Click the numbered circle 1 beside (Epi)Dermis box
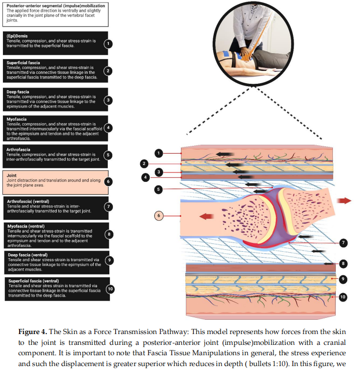coord(109,43)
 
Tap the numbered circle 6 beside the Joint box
coord(109,181)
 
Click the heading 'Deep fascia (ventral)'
coord(28,255)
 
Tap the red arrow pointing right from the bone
coord(344,200)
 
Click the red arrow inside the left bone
coord(206,215)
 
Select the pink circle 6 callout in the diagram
coord(159,215)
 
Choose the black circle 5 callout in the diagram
coord(159,189)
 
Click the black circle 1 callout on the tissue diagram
coord(159,153)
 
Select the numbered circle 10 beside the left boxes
coord(110,289)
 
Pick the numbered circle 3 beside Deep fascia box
coord(109,100)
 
